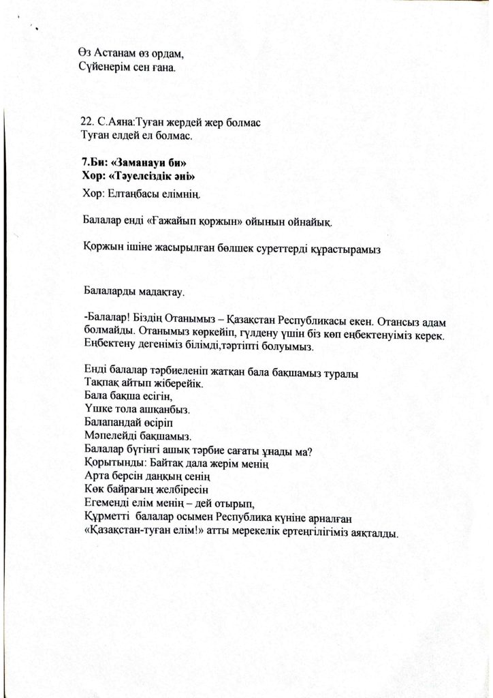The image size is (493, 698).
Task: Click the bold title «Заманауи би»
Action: pyautogui.click(x=148, y=164)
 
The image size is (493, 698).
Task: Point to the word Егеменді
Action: pyautogui.click(x=108, y=502)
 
